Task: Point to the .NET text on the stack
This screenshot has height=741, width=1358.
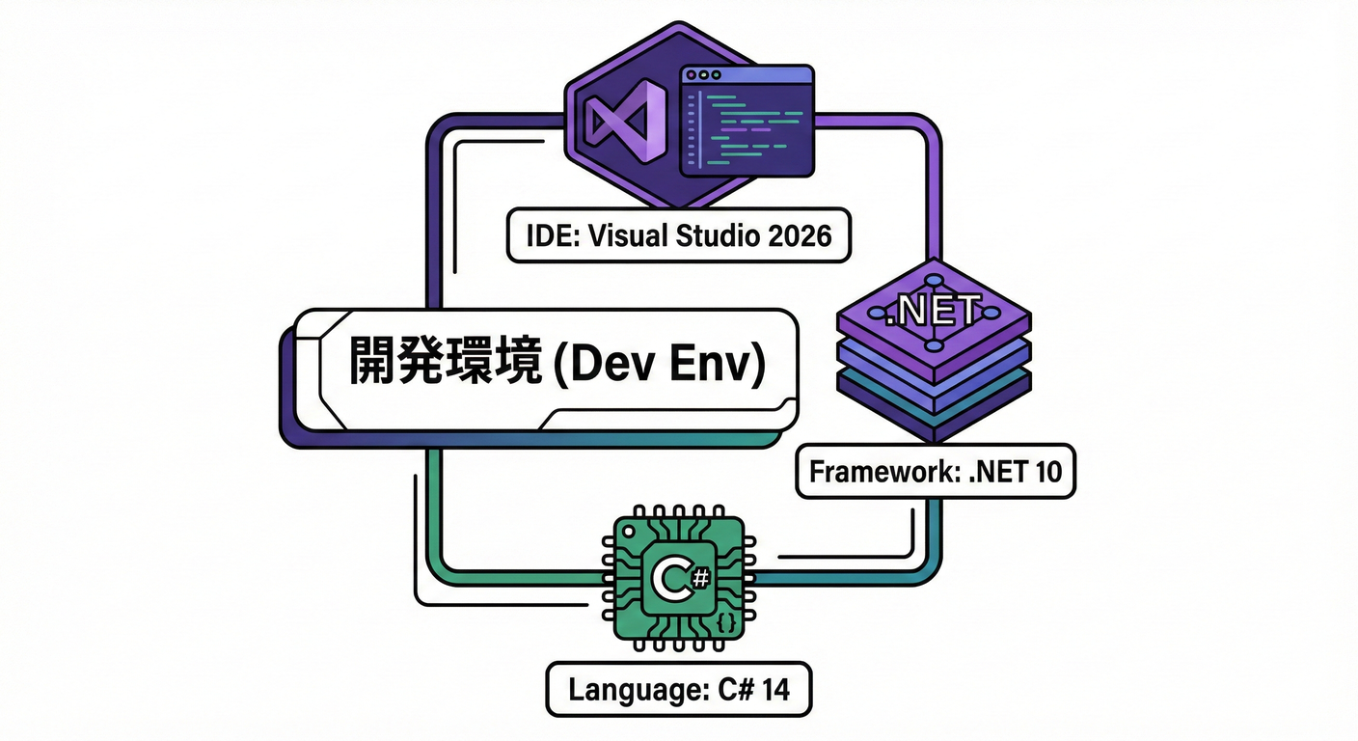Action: [x=934, y=312]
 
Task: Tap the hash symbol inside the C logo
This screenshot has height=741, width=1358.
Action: [x=700, y=578]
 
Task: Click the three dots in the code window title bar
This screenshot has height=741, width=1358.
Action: [x=702, y=74]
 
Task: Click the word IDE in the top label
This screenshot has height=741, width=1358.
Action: [x=546, y=235]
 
